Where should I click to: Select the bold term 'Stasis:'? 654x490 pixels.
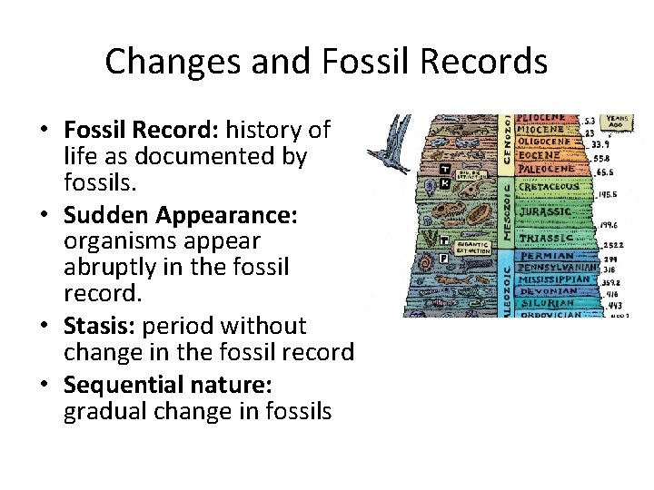100,326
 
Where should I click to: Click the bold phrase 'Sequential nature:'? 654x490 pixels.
167,384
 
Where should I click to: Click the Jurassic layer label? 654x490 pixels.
545,212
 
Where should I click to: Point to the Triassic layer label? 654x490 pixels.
547,239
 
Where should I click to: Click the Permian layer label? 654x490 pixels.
546,256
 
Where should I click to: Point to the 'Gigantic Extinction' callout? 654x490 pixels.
471,246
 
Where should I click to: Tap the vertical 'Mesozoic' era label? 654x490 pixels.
505,210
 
